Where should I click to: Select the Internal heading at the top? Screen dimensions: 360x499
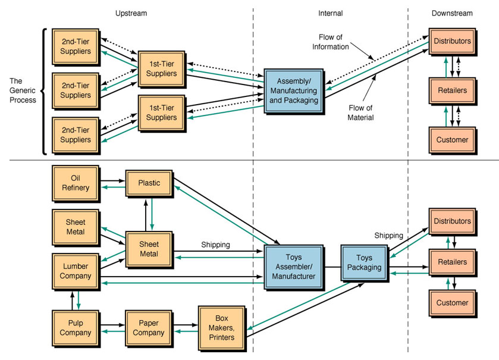tap(330, 13)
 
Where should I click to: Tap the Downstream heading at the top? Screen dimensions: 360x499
tap(452, 13)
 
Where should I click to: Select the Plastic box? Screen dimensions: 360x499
tap(149, 182)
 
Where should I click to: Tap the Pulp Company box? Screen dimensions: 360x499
tap(75, 327)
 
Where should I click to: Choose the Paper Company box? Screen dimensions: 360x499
tap(148, 327)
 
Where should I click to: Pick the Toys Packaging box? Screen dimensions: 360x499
tap(364, 262)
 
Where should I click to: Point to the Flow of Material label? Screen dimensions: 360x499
tap(360, 112)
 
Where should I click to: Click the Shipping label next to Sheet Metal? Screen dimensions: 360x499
tap(215, 244)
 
